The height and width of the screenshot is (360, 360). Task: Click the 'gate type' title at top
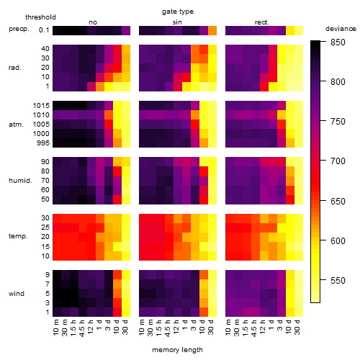coord(178,12)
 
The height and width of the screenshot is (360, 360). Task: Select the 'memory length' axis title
coord(177,350)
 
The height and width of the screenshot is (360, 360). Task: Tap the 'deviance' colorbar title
coord(341,29)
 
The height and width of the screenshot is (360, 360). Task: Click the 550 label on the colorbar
coord(338,280)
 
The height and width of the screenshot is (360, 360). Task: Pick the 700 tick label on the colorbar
coord(338,161)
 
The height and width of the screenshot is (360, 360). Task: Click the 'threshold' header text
coord(40,17)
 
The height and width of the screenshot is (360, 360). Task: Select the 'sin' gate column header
coord(177,22)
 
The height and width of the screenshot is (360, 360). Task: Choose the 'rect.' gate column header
coord(261,22)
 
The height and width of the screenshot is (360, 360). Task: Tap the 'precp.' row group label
coord(19,29)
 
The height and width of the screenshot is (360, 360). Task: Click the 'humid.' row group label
coord(20,181)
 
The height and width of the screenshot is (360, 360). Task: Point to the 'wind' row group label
coord(17,294)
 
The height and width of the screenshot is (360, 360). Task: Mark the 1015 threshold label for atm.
coord(41,106)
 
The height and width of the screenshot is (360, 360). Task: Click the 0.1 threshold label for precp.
coord(44,30)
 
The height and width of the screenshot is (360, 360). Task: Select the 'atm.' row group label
coord(16,125)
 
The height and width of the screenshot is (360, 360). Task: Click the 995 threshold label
coord(43,143)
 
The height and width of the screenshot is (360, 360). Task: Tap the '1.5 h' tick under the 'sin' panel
coord(158,328)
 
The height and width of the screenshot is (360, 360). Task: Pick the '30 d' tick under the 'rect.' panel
coord(297,328)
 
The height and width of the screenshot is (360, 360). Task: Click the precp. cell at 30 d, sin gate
coord(212,31)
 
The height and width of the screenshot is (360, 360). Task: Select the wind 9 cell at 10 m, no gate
coord(57,274)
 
